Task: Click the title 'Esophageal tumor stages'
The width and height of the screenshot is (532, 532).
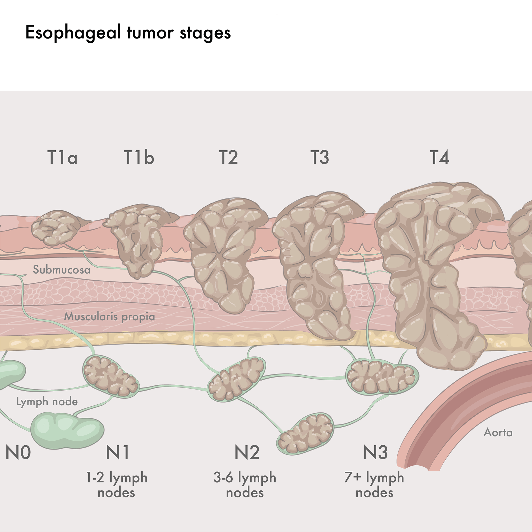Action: tap(128, 33)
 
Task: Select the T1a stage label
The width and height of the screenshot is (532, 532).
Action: tap(62, 157)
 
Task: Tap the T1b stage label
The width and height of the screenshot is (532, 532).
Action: tap(139, 157)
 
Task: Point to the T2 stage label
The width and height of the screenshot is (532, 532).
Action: tap(228, 157)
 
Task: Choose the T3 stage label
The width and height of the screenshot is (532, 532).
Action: tap(319, 157)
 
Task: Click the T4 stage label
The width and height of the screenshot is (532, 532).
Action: tap(439, 157)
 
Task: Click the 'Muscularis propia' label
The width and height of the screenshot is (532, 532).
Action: tap(109, 317)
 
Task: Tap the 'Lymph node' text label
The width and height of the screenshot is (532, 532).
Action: tap(47, 402)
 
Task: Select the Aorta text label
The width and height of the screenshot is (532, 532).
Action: tap(498, 433)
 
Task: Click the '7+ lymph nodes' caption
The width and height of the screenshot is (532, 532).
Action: tap(374, 485)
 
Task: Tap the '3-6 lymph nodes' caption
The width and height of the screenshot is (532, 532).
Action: tap(245, 485)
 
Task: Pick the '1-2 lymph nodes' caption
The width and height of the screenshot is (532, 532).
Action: tap(116, 485)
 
